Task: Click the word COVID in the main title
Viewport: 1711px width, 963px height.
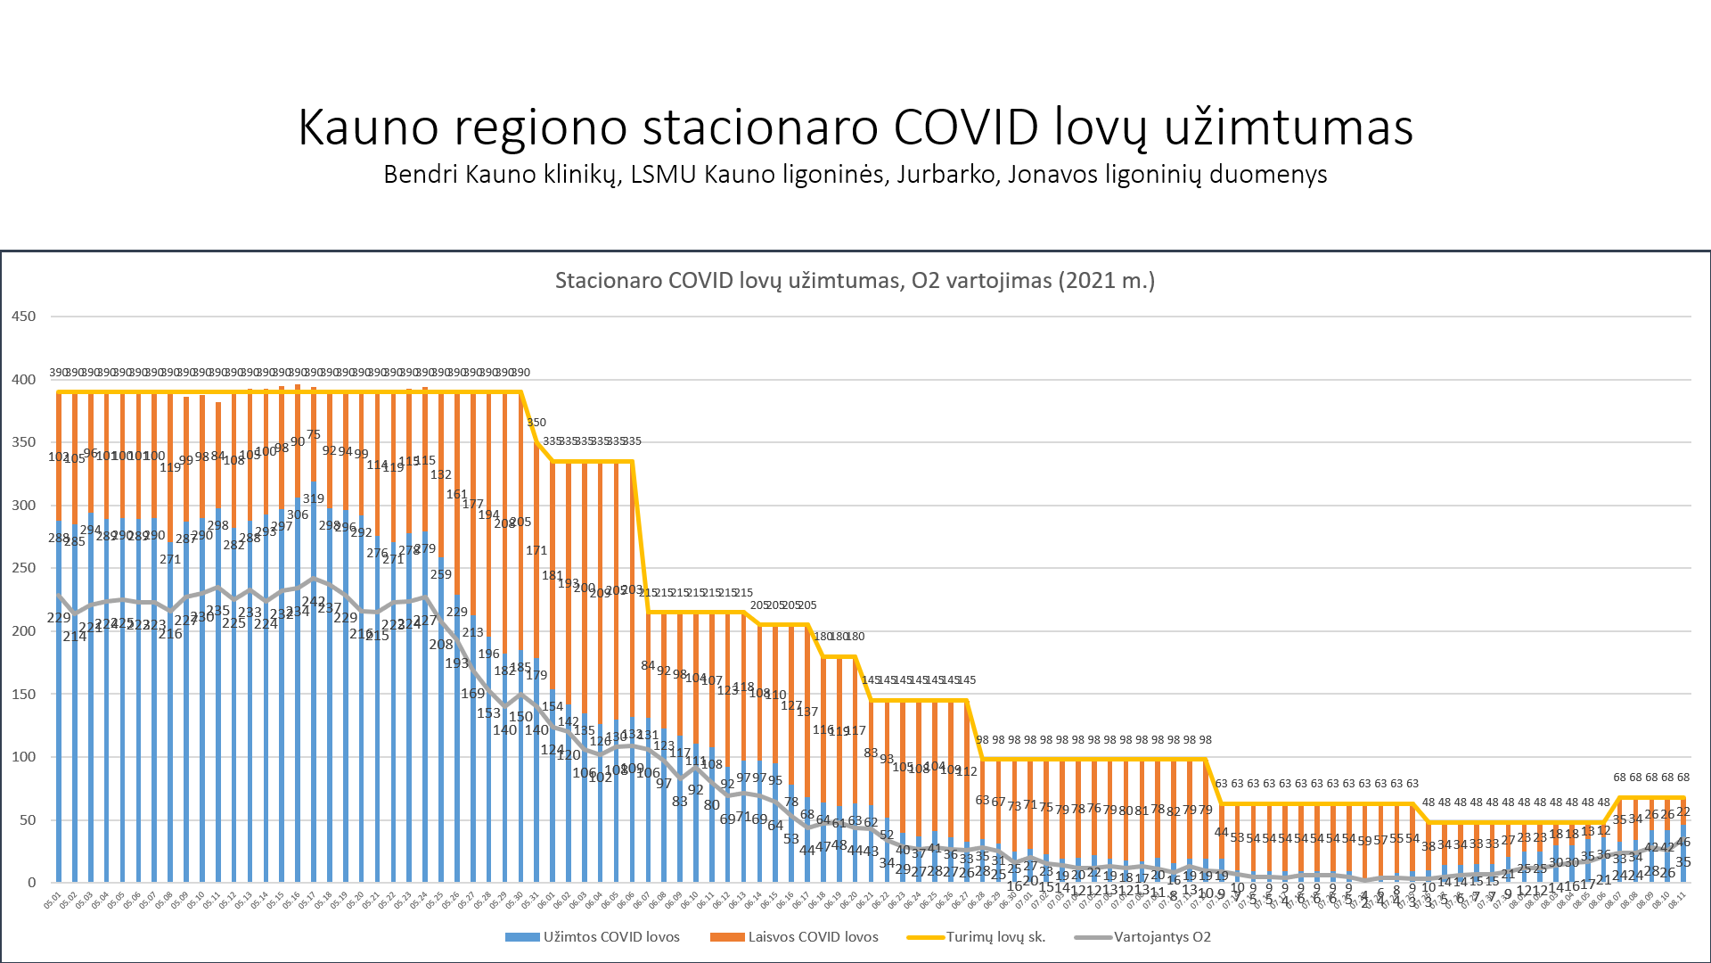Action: [966, 127]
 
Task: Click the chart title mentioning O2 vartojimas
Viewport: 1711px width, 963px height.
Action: [855, 281]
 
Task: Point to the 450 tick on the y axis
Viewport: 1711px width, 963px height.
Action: [24, 317]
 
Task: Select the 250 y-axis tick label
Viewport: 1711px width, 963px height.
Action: [24, 568]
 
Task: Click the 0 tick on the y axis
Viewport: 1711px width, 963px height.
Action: [32, 883]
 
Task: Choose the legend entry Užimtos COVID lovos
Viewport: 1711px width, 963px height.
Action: [593, 937]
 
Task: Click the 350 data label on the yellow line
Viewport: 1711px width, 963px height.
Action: [536, 423]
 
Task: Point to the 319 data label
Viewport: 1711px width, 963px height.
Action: [314, 498]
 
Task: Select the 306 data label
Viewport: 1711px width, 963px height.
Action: [298, 514]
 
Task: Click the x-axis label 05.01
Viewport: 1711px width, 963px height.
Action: [53, 901]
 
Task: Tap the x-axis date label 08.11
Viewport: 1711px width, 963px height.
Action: [1676, 901]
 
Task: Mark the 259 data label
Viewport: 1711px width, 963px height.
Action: [441, 574]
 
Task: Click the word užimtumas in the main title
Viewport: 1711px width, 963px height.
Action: [1289, 127]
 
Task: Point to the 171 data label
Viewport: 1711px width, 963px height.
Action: [536, 550]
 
